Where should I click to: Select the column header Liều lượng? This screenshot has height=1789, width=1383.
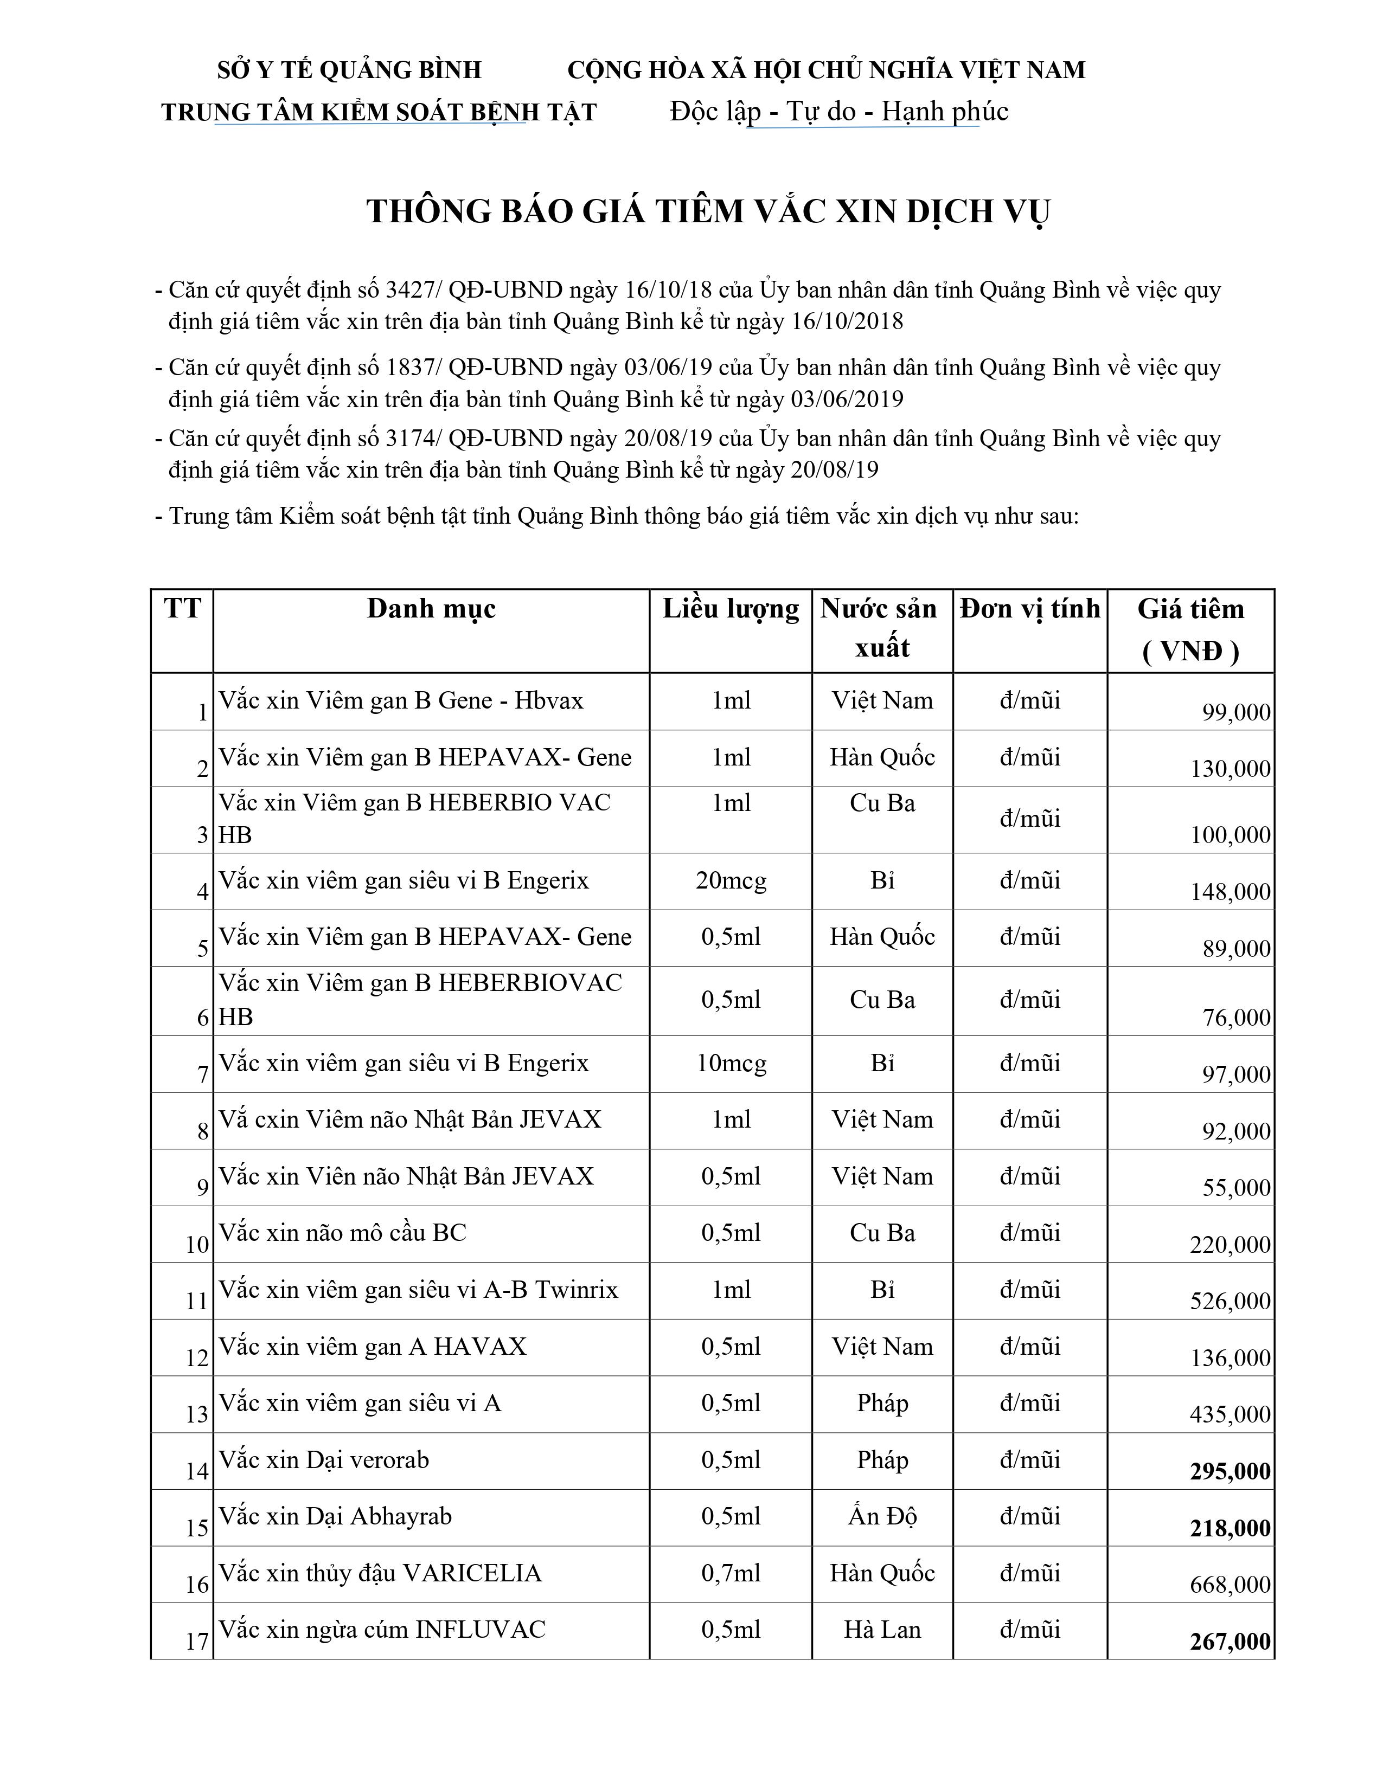(x=730, y=609)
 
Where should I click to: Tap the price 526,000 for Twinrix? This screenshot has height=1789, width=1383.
(x=1230, y=1301)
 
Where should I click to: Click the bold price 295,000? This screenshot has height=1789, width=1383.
(x=1230, y=1471)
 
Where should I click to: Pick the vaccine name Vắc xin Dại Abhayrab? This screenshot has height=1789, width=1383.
(x=335, y=1516)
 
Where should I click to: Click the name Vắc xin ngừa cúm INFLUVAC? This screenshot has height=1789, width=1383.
(x=382, y=1629)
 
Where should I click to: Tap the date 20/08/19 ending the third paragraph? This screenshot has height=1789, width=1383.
(x=834, y=470)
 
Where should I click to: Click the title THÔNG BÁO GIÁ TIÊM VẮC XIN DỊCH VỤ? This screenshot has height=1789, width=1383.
(x=708, y=211)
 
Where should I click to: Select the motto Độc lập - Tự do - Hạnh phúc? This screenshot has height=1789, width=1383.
(x=839, y=111)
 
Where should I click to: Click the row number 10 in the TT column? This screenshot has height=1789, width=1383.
(x=197, y=1245)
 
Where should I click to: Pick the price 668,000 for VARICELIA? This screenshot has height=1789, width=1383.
(x=1230, y=1585)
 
